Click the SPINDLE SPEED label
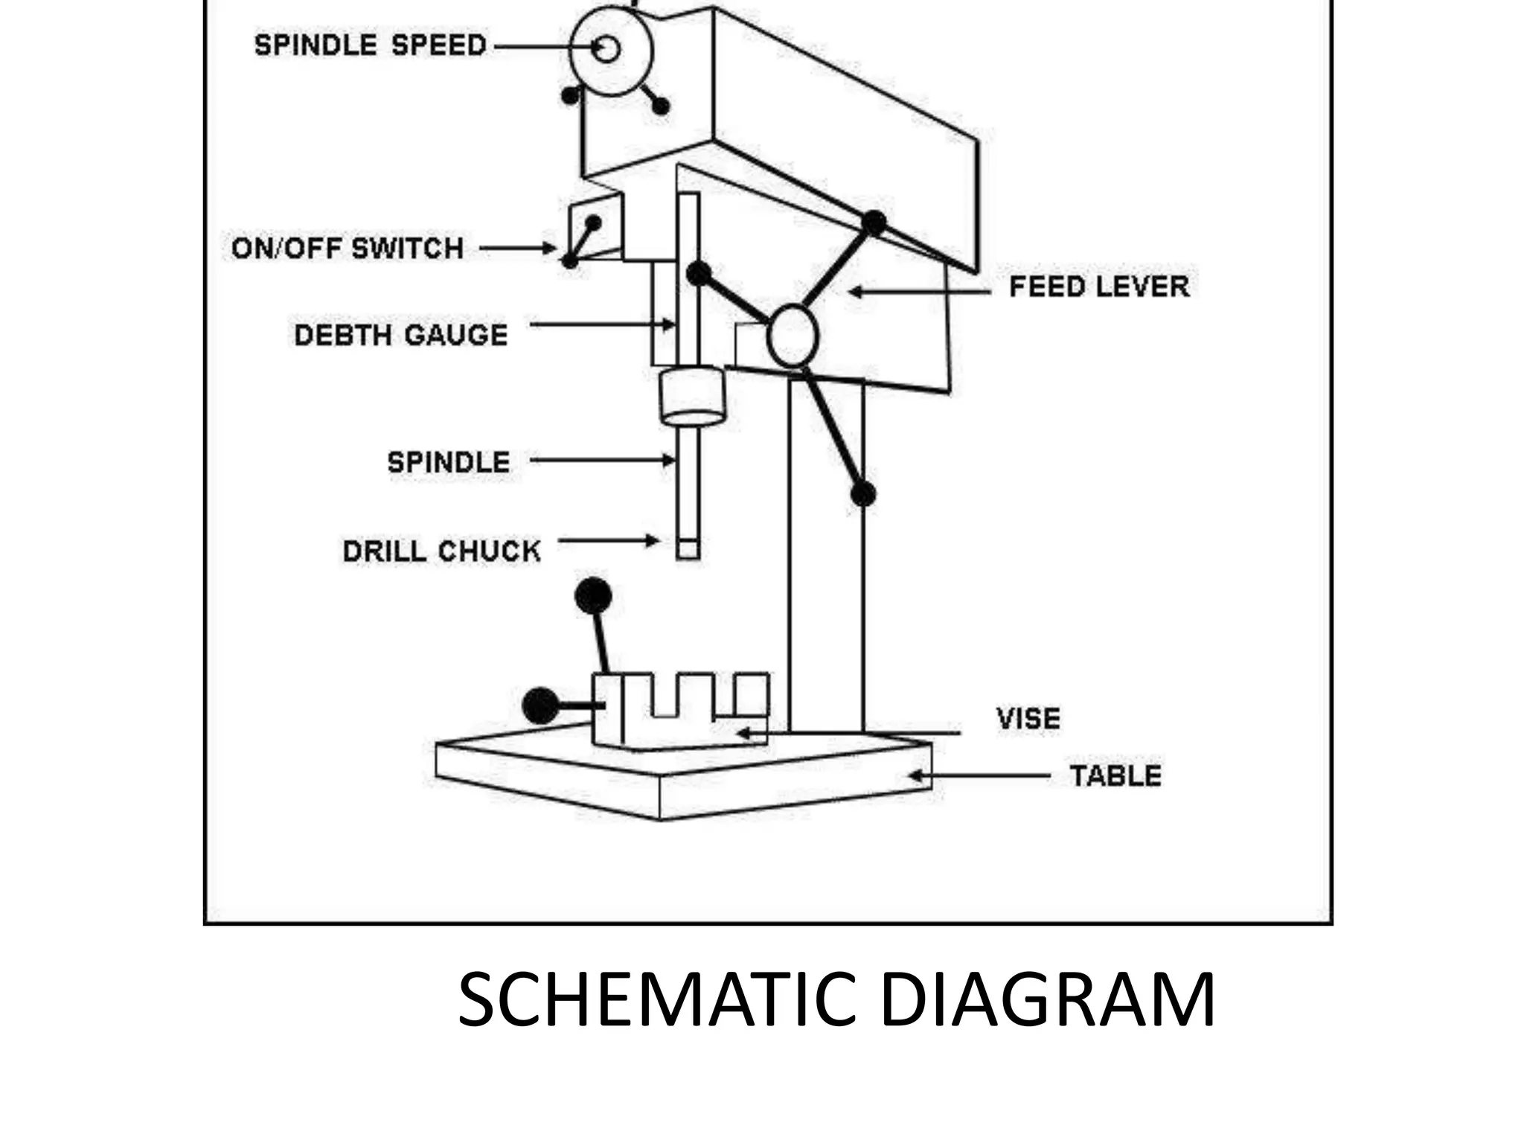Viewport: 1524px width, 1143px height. point(370,45)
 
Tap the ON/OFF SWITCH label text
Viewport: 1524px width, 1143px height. point(348,249)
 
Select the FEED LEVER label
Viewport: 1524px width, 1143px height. point(1099,287)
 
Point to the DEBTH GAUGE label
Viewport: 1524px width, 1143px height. point(401,336)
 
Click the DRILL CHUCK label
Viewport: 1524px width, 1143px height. point(441,551)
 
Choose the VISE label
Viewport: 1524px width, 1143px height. point(1028,719)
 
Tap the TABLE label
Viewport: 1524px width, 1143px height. point(1115,776)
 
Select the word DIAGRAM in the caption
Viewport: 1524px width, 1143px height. point(1048,999)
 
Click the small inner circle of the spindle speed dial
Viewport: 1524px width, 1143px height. point(607,49)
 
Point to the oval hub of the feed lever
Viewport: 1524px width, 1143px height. point(793,336)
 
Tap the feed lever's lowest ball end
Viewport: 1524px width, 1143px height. point(862,493)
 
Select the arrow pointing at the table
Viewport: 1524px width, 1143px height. point(979,776)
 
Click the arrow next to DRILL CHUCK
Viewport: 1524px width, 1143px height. point(609,541)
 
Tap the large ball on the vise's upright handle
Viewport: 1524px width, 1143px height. point(593,595)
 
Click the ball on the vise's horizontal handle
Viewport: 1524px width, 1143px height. point(541,705)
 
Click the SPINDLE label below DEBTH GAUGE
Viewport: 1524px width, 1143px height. point(449,463)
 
